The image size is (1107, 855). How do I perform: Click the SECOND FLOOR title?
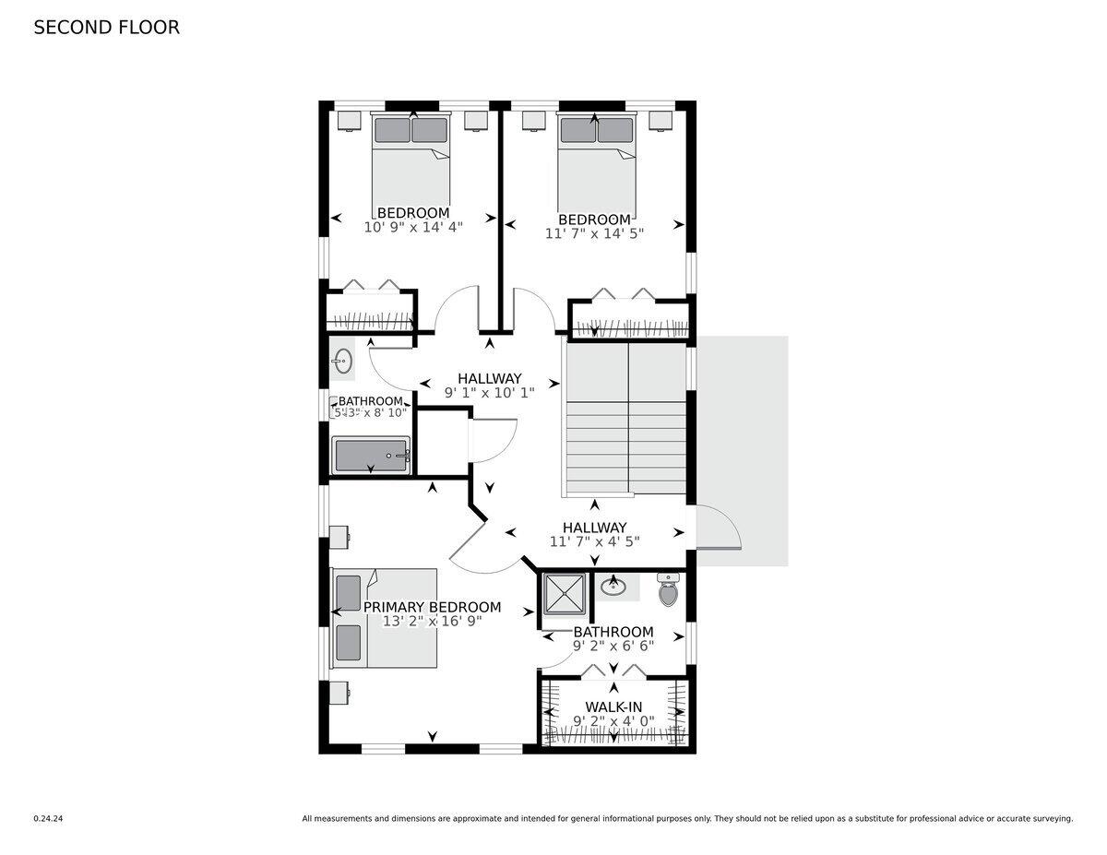click(106, 28)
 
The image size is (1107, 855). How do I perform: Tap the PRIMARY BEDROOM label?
click(432, 607)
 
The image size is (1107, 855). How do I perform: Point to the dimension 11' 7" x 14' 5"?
click(594, 233)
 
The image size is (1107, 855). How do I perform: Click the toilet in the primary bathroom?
click(668, 590)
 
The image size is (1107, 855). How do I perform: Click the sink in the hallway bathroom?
click(343, 360)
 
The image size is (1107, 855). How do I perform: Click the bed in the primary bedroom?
click(385, 618)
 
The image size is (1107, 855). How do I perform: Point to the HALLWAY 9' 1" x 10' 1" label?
click(489, 385)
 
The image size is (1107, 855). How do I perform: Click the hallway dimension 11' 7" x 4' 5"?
click(594, 541)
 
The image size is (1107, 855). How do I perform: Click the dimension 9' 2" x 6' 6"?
click(613, 647)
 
